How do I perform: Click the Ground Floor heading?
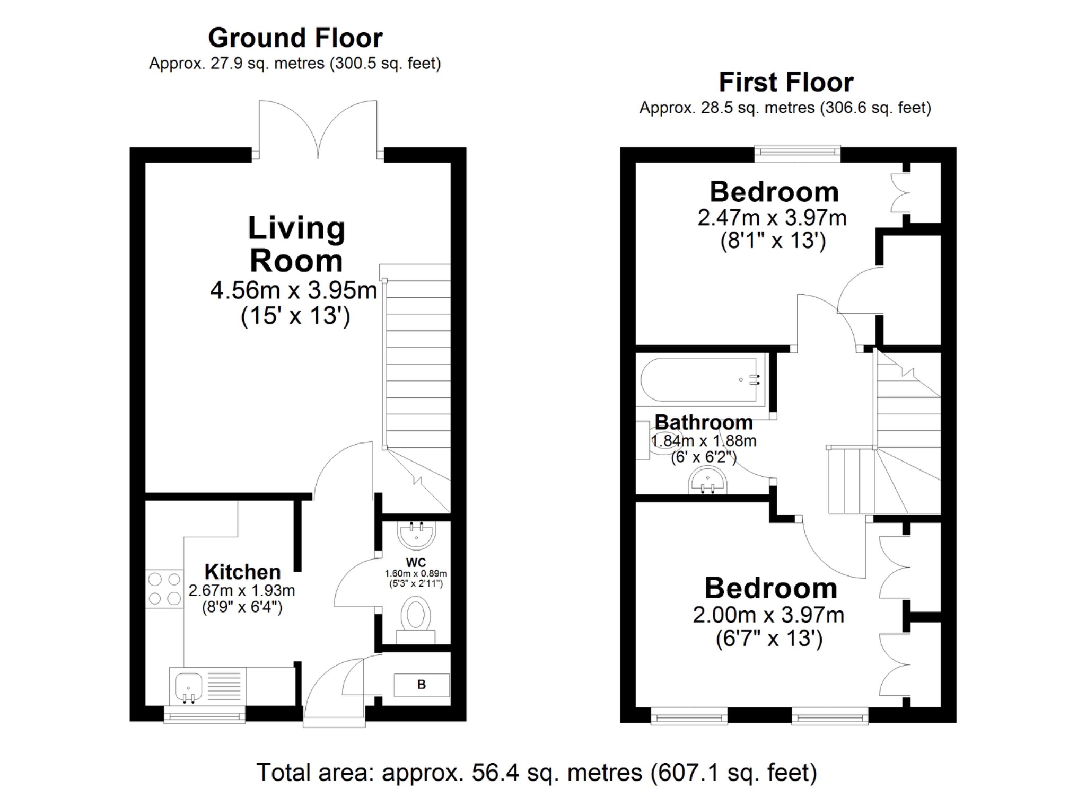[x=295, y=38]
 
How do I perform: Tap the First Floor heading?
[x=785, y=82]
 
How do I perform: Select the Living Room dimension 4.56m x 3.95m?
[x=293, y=290]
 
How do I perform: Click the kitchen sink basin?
[x=188, y=687]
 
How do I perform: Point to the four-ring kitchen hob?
[x=164, y=589]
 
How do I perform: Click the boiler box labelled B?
[x=422, y=685]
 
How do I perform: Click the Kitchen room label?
[x=242, y=572]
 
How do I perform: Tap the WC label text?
[x=416, y=562]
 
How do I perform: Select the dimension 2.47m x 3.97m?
[x=772, y=218]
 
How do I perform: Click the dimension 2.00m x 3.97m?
[x=768, y=615]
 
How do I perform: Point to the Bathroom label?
[x=704, y=422]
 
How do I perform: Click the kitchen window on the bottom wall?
[x=204, y=717]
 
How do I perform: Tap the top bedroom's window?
[x=797, y=154]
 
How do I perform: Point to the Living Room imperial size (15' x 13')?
[x=295, y=316]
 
